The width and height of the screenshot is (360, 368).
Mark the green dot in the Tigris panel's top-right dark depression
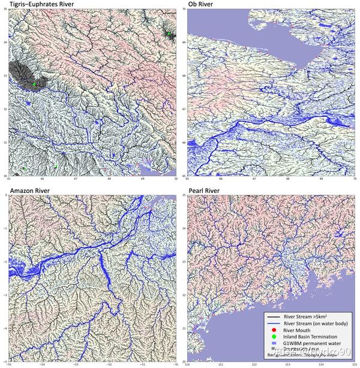(x=170, y=34)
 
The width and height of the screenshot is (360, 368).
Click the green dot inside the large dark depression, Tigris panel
(x=35, y=84)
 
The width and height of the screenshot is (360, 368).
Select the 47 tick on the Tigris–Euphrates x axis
(x=76, y=179)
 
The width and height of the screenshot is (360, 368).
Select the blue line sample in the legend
(x=274, y=322)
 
